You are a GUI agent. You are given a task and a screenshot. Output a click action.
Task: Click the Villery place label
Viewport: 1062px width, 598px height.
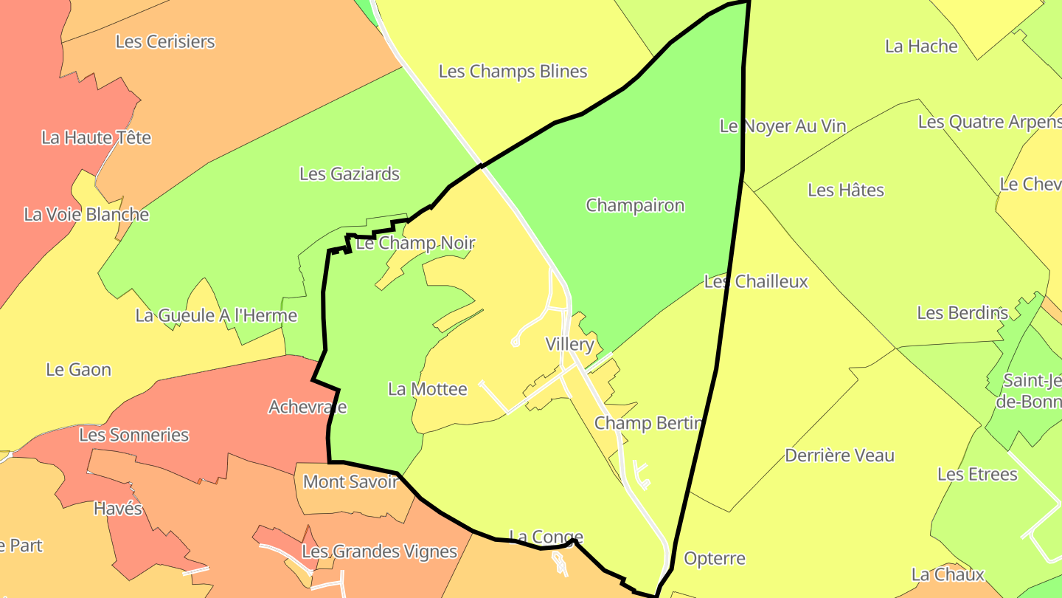click(569, 344)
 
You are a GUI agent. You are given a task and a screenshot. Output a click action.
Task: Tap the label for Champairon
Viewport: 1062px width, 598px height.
click(635, 205)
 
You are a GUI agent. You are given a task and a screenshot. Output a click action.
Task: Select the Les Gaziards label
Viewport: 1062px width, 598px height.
click(350, 174)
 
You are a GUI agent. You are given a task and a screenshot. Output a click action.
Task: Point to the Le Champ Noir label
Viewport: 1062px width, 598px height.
click(415, 243)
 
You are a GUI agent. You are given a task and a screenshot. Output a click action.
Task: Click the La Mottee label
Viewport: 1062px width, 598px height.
click(428, 389)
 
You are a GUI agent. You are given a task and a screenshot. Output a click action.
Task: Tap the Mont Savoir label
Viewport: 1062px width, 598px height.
click(351, 482)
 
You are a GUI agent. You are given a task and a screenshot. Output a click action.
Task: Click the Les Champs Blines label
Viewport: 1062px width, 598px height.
click(513, 72)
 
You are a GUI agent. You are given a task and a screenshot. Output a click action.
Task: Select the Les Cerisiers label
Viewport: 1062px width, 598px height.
click(165, 41)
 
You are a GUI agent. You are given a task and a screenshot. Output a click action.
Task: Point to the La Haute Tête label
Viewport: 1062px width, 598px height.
click(96, 137)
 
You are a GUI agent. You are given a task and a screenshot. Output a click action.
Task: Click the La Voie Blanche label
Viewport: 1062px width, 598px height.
click(86, 215)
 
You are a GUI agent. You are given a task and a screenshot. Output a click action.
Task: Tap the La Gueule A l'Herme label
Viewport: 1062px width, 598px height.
click(216, 316)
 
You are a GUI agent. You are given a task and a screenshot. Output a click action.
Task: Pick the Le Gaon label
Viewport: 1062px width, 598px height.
click(78, 370)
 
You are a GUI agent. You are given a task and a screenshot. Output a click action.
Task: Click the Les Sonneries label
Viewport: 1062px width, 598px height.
click(134, 435)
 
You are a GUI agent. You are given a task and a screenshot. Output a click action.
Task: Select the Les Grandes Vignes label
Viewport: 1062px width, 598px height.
click(380, 551)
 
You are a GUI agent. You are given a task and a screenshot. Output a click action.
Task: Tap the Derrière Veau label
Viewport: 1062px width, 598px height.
click(839, 456)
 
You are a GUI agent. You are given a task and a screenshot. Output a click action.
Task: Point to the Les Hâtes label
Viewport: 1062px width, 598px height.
click(846, 190)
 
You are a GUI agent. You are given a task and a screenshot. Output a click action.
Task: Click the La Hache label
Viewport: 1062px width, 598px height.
click(921, 47)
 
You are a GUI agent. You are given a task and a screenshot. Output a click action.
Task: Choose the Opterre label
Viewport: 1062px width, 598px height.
click(715, 559)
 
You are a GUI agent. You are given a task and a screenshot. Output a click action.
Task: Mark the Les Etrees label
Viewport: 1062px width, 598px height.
click(977, 474)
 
